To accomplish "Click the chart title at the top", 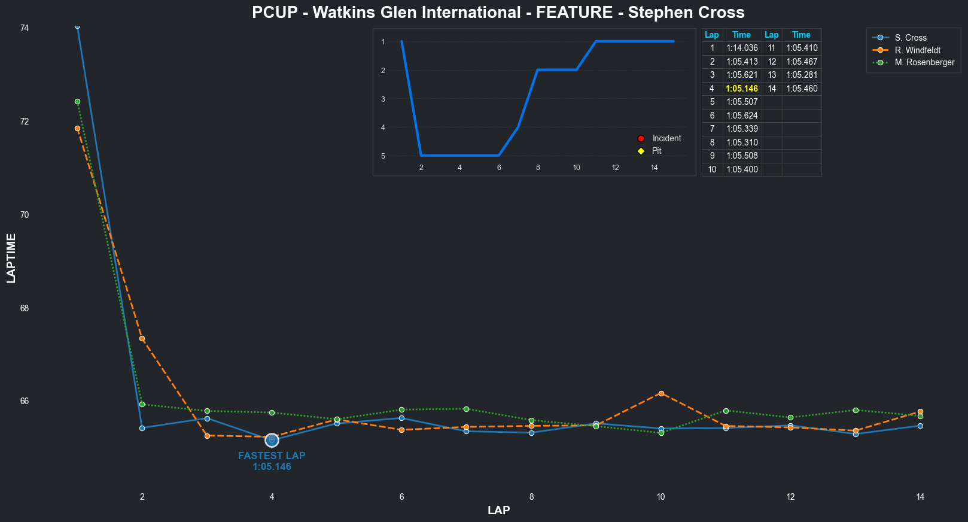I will pyautogui.click(x=498, y=13).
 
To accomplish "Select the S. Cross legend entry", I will pyautogui.click(x=911, y=38).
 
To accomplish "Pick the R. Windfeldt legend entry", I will pyautogui.click(x=917, y=50).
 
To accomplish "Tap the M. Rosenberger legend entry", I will pyautogui.click(x=924, y=62).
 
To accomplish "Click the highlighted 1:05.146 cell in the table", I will pyautogui.click(x=742, y=89).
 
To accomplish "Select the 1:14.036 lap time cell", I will pyautogui.click(x=742, y=48).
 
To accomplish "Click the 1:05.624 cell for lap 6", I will pyautogui.click(x=742, y=116).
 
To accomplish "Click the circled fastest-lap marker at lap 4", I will pyautogui.click(x=272, y=440).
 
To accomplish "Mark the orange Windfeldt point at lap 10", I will pyautogui.click(x=661, y=393).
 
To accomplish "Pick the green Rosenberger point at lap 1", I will pyautogui.click(x=77, y=102).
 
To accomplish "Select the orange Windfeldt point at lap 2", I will pyautogui.click(x=142, y=339).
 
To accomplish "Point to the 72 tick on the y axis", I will pyautogui.click(x=24, y=122).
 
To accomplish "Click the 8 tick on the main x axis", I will pyautogui.click(x=531, y=497).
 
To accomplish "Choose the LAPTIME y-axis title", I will pyautogui.click(x=11, y=259).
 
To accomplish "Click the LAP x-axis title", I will pyautogui.click(x=498, y=511).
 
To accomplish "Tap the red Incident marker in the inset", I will pyautogui.click(x=641, y=138).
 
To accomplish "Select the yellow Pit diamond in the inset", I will pyautogui.click(x=641, y=151).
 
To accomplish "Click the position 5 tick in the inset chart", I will pyautogui.click(x=383, y=156).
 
